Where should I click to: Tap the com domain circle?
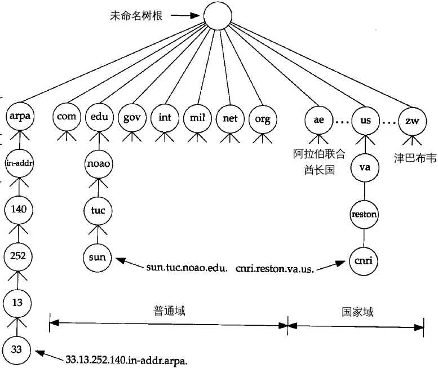(67, 118)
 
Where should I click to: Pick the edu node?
(99, 118)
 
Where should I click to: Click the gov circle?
(132, 118)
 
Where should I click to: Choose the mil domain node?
(197, 118)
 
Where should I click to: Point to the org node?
(263, 118)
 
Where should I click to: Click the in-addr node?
(19, 163)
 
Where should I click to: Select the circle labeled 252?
(17, 256)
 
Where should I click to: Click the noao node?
(99, 164)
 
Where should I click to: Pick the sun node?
(98, 258)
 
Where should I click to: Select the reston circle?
(364, 214)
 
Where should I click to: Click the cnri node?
(364, 260)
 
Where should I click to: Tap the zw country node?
(412, 120)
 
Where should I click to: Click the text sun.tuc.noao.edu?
(186, 267)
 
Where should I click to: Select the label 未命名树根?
(136, 16)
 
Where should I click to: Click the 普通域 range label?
(169, 311)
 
